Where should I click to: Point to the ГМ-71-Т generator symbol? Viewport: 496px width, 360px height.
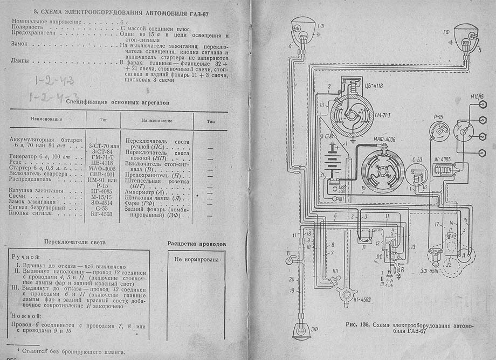click(x=350, y=115)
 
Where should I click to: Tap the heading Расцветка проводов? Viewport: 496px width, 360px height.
click(x=196, y=244)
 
